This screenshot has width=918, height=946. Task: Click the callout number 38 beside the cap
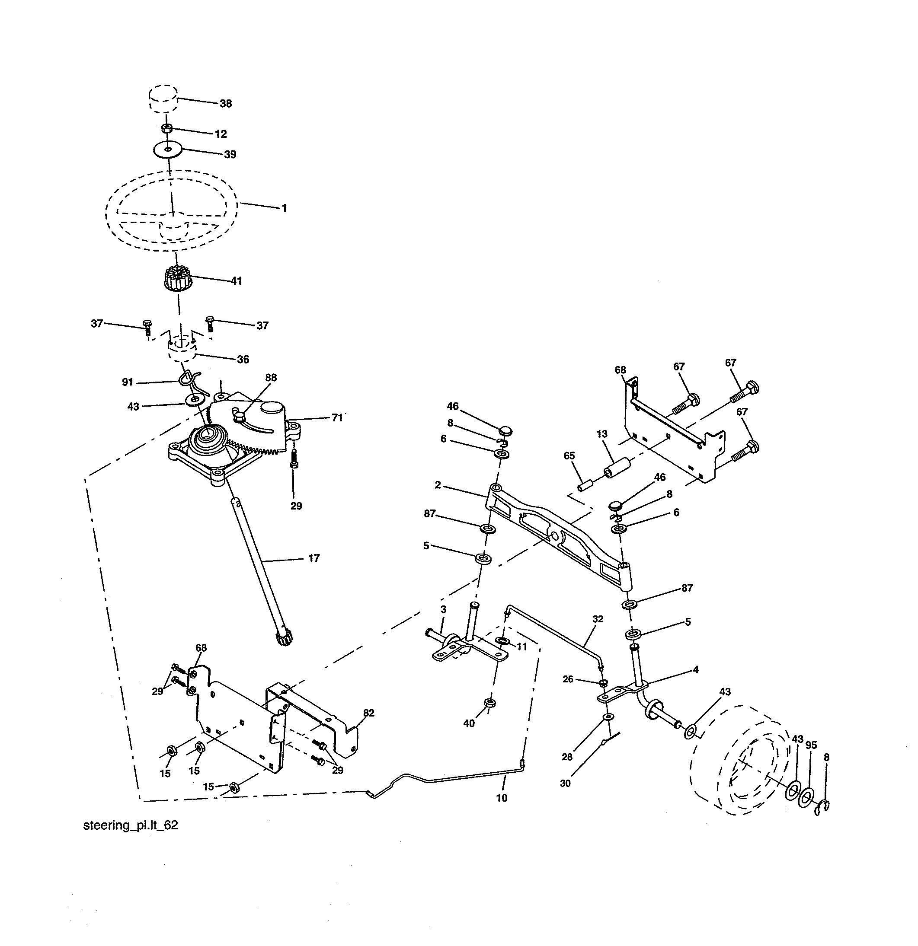click(226, 104)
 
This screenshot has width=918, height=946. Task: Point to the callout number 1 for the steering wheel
click(285, 208)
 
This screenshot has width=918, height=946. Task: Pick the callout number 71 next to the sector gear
click(336, 417)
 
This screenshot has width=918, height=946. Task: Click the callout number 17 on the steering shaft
click(314, 558)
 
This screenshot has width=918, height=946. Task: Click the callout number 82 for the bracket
click(368, 713)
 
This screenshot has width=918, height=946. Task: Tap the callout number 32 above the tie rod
click(598, 619)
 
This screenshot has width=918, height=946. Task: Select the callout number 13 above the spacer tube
click(602, 434)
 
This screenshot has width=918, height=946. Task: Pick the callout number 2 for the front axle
click(438, 485)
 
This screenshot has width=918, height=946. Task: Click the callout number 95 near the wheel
click(811, 745)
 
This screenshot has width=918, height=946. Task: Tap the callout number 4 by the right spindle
click(696, 670)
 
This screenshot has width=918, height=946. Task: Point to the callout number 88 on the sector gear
click(271, 377)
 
